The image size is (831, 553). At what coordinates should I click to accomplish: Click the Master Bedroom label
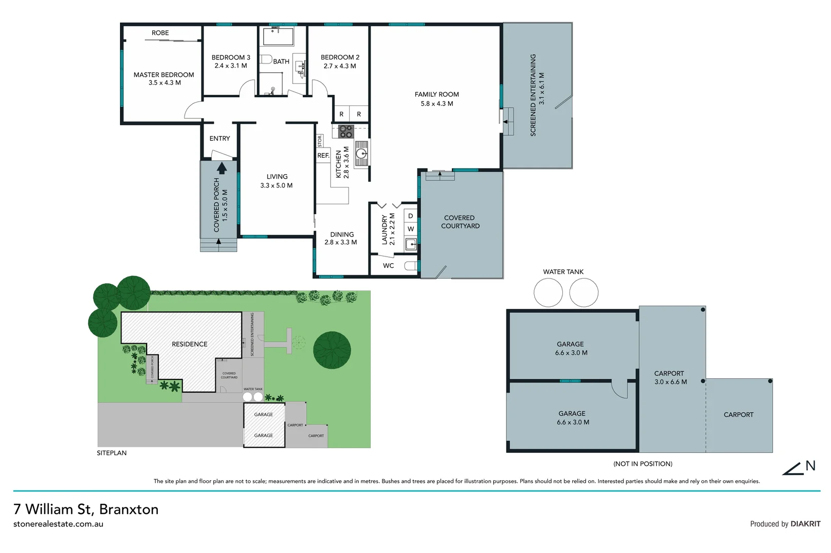(x=164, y=75)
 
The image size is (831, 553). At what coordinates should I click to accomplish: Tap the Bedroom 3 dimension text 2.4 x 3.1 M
(x=231, y=66)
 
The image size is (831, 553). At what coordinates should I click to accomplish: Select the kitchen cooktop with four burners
(x=346, y=132)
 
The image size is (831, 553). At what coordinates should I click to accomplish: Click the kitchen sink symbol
(x=362, y=153)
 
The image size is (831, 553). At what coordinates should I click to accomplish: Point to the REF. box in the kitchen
(x=323, y=156)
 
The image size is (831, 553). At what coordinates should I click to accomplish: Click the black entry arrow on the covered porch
(x=222, y=168)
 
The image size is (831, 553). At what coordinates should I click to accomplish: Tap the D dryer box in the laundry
(x=411, y=216)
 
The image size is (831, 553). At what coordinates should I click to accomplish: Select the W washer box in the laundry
(x=411, y=229)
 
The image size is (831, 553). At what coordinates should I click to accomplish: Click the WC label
(x=389, y=266)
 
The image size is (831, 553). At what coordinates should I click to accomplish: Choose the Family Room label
(x=437, y=95)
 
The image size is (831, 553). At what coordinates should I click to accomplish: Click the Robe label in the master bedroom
(x=160, y=33)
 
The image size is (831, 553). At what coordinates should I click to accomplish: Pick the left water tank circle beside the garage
(x=548, y=293)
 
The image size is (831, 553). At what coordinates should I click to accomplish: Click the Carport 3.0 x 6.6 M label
(x=670, y=378)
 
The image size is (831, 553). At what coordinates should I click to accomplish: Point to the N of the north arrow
(x=810, y=466)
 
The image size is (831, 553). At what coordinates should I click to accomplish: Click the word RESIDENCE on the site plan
(x=190, y=344)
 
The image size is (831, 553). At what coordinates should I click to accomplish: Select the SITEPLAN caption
(x=112, y=453)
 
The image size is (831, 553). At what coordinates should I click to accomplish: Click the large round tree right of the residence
(x=332, y=350)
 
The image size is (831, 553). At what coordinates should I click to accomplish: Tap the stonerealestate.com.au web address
(x=58, y=524)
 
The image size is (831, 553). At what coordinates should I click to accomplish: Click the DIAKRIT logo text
(x=805, y=524)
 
